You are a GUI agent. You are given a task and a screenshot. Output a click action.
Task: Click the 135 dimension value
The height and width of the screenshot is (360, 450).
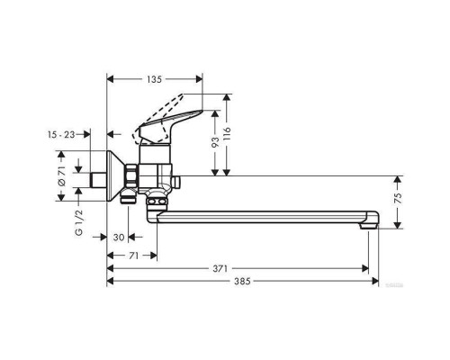click(x=154, y=79)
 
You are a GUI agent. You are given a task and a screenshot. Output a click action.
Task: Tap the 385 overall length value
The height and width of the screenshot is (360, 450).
click(x=242, y=281)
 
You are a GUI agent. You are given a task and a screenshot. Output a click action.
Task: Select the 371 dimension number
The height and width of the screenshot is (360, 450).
click(x=220, y=268)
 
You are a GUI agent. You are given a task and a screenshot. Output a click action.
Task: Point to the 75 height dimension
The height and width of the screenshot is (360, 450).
click(x=398, y=199)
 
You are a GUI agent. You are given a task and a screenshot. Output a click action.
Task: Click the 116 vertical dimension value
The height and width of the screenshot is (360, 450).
click(x=227, y=134)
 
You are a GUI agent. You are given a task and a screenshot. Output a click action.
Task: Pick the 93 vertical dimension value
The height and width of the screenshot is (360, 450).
click(x=215, y=142)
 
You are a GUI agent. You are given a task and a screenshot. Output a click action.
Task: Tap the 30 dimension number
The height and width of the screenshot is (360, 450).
click(x=119, y=238)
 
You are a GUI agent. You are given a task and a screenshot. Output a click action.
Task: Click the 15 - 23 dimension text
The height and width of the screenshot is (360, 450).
click(x=61, y=134)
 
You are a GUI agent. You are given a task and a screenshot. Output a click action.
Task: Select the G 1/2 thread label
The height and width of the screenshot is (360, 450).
click(x=78, y=222)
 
